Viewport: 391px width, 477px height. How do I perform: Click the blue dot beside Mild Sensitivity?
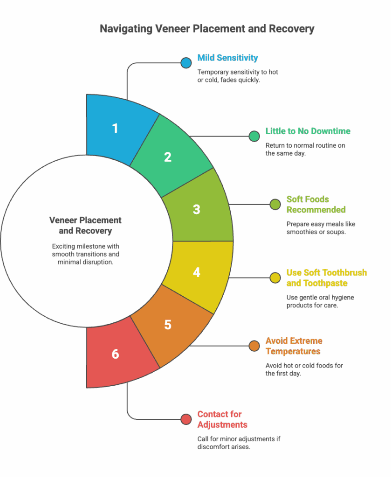(186, 63)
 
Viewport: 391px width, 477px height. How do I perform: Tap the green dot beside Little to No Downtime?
(254, 136)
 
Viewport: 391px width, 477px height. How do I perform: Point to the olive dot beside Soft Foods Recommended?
(275, 204)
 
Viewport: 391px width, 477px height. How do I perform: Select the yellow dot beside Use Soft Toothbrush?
(275, 278)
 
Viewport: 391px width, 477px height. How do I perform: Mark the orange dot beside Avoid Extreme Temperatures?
(254, 346)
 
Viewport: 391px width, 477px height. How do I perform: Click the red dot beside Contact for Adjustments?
(186, 419)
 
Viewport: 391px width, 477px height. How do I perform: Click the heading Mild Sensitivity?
(227, 58)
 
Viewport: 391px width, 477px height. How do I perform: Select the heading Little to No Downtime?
(308, 131)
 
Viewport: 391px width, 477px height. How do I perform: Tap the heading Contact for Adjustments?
(222, 420)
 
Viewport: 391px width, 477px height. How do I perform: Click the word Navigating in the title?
(126, 29)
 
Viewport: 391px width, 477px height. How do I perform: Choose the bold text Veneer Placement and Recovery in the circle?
(85, 225)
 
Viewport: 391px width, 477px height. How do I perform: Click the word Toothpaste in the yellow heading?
(325, 283)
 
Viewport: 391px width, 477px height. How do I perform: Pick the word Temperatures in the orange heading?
(293, 351)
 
